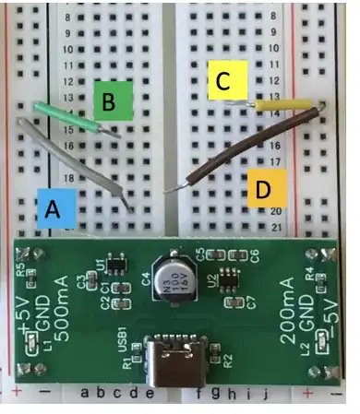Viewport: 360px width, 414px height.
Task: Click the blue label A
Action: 54,208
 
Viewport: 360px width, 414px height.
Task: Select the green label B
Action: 111,101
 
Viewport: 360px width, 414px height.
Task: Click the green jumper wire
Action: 74,117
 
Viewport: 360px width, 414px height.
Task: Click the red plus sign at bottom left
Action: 17,395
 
